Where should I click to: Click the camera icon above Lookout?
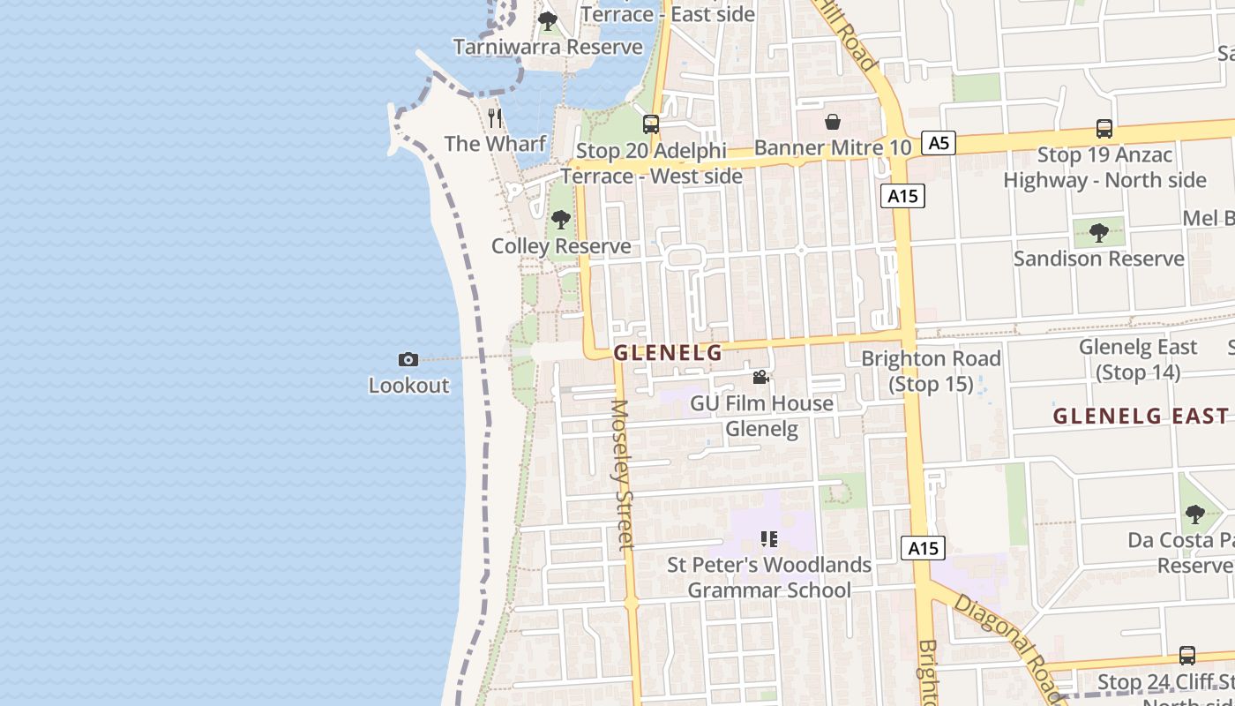click(x=408, y=359)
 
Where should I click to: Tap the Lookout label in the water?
click(x=408, y=386)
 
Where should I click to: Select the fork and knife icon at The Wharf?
click(x=495, y=117)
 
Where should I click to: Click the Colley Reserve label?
click(x=561, y=246)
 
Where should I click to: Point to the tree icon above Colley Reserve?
click(x=560, y=220)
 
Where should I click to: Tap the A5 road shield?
click(x=939, y=142)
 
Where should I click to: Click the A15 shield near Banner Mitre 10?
click(x=902, y=196)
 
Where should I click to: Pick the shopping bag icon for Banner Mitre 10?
click(x=833, y=122)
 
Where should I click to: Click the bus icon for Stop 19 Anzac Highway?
click(x=1104, y=129)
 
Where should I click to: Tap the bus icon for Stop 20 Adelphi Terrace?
click(x=651, y=124)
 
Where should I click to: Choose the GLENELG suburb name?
click(x=668, y=353)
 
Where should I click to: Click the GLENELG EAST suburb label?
click(x=1140, y=416)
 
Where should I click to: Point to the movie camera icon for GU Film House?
click(x=760, y=378)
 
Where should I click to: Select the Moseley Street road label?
click(x=622, y=475)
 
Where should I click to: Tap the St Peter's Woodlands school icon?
click(x=768, y=538)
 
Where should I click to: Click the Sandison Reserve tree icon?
click(x=1098, y=233)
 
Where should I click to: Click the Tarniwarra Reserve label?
click(x=548, y=46)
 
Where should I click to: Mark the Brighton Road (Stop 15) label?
click(x=931, y=371)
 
